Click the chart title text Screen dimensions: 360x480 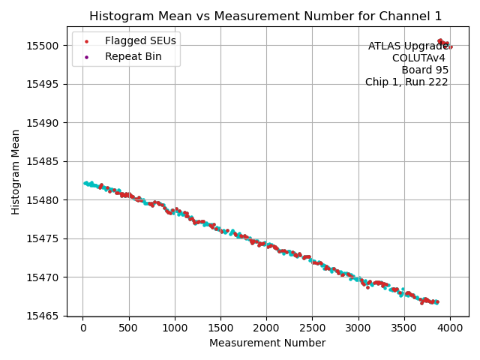tap(265, 16)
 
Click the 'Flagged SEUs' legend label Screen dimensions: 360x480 tap(140, 40)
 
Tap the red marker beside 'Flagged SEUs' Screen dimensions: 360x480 tap(86, 41)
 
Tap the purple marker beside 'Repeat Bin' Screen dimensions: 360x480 tap(86, 57)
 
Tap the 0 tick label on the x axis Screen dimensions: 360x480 tap(83, 328)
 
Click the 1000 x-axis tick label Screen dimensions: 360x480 tap(175, 328)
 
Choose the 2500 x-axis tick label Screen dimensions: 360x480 tap(313, 328)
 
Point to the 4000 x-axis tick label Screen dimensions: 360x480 tap(450, 328)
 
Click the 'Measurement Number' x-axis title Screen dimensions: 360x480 tap(267, 343)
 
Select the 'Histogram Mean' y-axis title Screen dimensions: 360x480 tap(16, 172)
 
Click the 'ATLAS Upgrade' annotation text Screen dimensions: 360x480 tap(408, 46)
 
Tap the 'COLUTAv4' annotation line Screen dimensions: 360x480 tap(420, 58)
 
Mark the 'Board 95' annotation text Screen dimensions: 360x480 tap(424, 70)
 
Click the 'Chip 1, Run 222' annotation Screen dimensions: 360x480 tap(406, 82)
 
